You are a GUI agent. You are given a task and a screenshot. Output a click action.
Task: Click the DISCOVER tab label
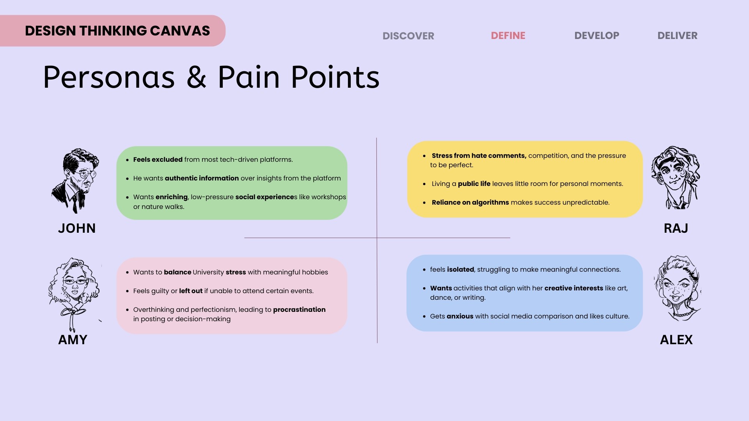click(408, 36)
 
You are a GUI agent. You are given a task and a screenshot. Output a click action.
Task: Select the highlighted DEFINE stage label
click(508, 35)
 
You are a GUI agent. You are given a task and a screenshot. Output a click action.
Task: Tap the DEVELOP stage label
click(596, 35)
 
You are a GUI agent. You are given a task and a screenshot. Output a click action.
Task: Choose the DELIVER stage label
click(677, 35)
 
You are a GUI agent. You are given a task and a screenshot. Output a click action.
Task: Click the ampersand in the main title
click(196, 77)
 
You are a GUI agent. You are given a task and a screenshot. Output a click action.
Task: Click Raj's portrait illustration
click(676, 178)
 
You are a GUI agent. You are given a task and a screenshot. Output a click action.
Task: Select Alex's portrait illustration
click(677, 288)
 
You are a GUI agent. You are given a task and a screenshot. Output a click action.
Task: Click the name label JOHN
click(77, 228)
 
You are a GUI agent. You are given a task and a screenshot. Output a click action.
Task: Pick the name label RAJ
click(676, 228)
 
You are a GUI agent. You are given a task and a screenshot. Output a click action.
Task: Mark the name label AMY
click(73, 340)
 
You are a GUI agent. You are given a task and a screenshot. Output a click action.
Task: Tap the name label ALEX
click(676, 340)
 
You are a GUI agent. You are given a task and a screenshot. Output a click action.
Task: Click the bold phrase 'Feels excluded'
click(158, 159)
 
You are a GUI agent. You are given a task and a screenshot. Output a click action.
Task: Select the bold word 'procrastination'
click(299, 310)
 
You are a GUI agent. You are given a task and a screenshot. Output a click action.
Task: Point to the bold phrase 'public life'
click(474, 184)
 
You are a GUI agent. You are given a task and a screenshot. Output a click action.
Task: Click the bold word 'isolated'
click(460, 269)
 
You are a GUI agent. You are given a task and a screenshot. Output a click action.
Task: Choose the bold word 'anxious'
click(460, 316)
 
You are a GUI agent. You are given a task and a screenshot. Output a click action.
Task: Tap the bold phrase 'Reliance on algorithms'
click(470, 202)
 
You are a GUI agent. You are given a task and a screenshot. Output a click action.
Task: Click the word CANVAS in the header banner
click(180, 31)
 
